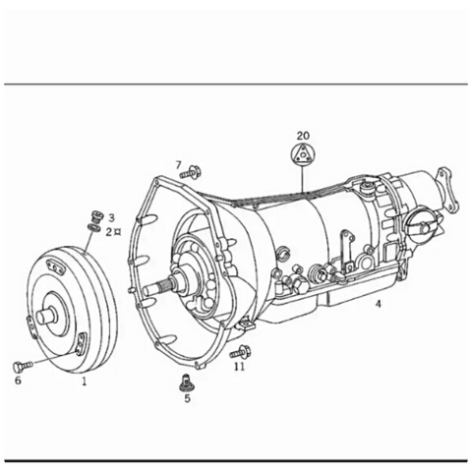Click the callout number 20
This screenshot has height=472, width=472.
coord(303,135)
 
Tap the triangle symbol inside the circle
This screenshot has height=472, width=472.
coord(303,154)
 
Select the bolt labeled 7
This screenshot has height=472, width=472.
coord(191,172)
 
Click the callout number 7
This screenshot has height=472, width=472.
coord(178,165)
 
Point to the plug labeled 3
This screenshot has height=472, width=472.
coord(97,216)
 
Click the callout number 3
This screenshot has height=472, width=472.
coord(111,217)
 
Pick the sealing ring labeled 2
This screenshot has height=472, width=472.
coord(93,227)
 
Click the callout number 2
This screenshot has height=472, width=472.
coord(109,232)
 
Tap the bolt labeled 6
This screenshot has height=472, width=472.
coord(23,366)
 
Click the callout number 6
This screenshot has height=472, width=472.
coord(18,381)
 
